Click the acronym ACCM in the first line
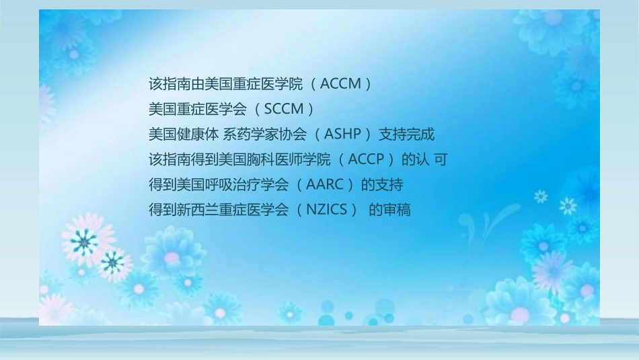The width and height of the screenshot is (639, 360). [x=342, y=85]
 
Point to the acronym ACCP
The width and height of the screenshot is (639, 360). [x=369, y=159]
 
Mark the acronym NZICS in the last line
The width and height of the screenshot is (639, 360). [x=331, y=209]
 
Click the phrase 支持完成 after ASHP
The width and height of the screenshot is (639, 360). [x=406, y=134]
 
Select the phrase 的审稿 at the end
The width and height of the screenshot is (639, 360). [x=389, y=209]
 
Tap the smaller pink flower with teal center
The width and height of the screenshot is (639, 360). [x=112, y=262]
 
